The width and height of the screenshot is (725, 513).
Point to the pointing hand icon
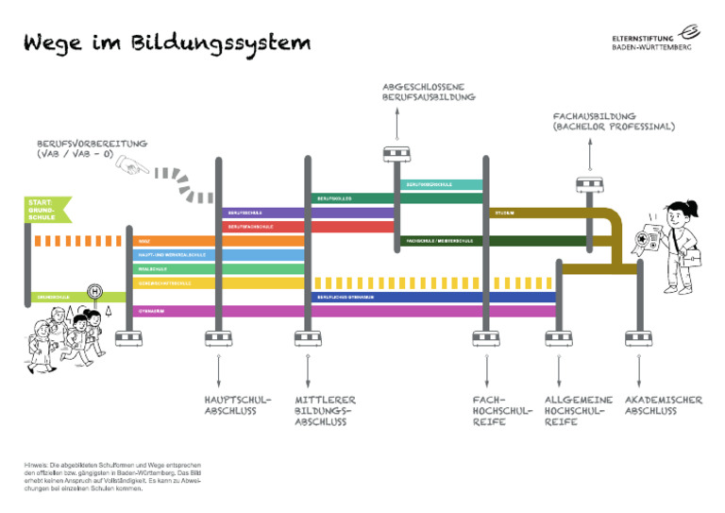(x=133, y=166)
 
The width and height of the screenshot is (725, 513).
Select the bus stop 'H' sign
(x=94, y=291)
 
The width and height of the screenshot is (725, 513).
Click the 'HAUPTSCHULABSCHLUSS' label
(x=237, y=405)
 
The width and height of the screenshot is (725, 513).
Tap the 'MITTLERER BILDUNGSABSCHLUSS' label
(x=325, y=411)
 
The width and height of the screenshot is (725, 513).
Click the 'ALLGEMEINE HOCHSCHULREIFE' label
(x=578, y=411)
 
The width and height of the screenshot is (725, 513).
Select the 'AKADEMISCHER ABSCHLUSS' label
(x=663, y=405)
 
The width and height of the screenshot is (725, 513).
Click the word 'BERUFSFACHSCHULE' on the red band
(x=251, y=228)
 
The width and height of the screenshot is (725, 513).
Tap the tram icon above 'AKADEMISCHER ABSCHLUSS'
(x=637, y=338)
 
